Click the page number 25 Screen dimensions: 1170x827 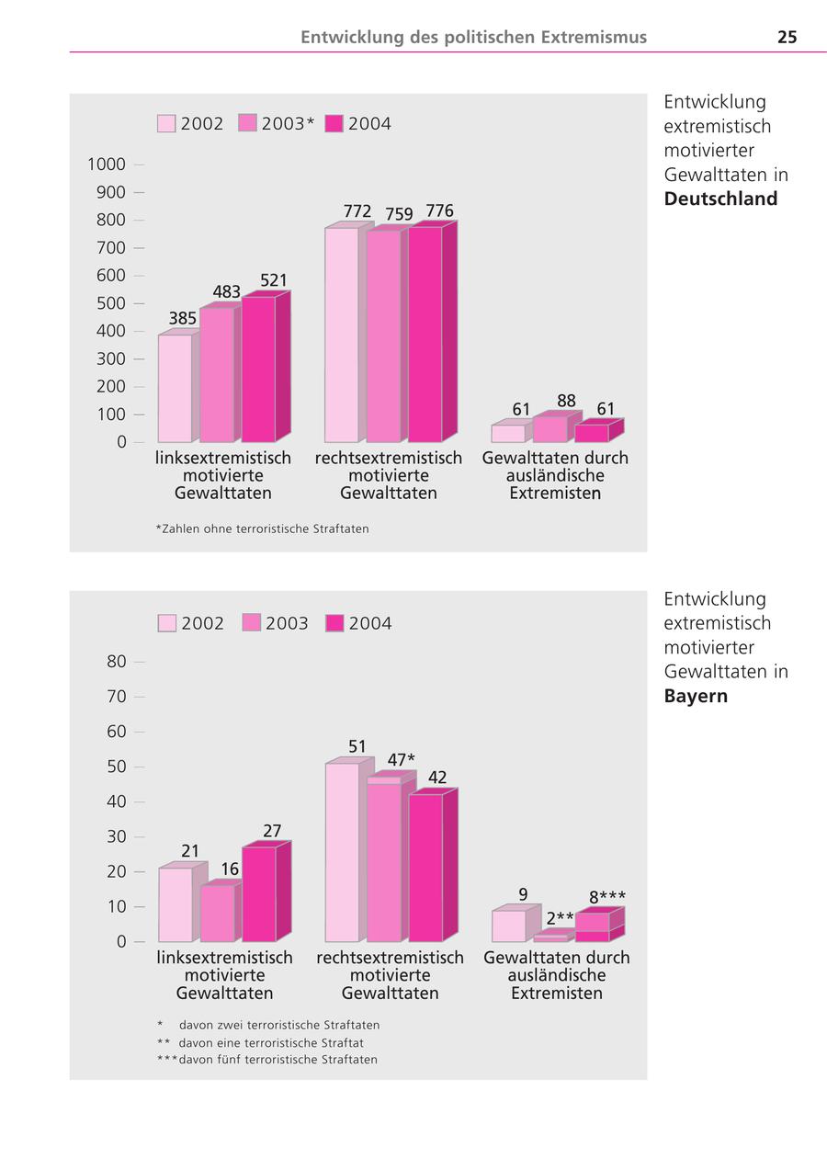(x=787, y=38)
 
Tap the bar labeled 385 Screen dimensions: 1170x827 (x=175, y=388)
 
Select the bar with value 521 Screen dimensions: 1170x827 (x=258, y=369)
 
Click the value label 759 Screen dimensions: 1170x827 (x=399, y=214)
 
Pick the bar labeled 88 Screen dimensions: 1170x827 (x=549, y=429)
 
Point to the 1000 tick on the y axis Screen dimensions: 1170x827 (x=107, y=165)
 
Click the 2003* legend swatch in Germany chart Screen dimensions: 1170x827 (x=247, y=123)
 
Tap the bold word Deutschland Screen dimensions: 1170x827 (x=720, y=199)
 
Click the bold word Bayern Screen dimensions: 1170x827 (x=696, y=696)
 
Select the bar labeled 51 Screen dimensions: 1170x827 (x=342, y=852)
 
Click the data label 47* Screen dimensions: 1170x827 (x=401, y=760)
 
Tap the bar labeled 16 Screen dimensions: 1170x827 (x=217, y=913)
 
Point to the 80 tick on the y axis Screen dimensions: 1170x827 (x=116, y=661)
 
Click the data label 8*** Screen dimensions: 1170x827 (x=607, y=897)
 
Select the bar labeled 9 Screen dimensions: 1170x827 (x=508, y=926)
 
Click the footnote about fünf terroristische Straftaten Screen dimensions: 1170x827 (x=267, y=1060)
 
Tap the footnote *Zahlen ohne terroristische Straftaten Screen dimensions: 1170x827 (x=262, y=528)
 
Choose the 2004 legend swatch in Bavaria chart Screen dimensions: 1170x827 (x=335, y=623)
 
